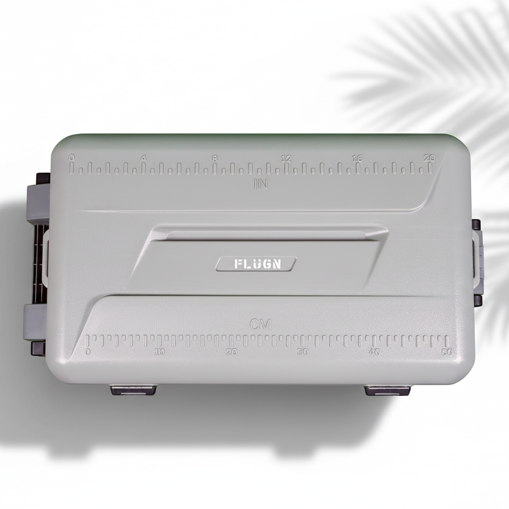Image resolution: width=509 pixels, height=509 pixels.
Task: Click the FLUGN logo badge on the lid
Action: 256,264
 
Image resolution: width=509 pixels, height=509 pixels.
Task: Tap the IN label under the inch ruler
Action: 261,183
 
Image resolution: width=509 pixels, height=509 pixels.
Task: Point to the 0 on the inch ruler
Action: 72,158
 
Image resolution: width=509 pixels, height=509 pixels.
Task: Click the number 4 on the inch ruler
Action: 143,158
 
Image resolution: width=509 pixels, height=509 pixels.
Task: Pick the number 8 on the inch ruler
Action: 215,158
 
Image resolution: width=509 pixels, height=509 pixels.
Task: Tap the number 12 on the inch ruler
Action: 286,158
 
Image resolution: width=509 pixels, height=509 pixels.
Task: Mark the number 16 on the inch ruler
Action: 357,158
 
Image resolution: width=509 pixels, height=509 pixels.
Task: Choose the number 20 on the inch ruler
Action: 429,158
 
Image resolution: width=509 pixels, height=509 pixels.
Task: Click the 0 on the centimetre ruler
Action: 88,352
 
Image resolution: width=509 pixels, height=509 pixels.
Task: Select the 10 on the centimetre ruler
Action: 160,352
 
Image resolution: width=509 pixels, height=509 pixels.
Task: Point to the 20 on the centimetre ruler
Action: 231,352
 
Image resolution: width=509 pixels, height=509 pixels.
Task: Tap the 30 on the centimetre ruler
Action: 303,352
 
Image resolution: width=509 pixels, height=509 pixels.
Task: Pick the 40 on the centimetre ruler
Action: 374,352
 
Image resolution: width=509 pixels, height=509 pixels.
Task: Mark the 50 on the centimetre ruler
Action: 446,352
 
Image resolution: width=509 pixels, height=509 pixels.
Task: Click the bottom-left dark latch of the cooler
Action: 133,389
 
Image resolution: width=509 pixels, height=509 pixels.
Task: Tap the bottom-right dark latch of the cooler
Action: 387,390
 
